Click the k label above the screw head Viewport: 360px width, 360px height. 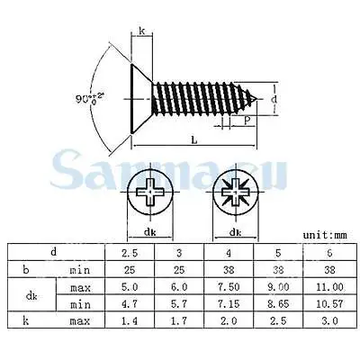click(141, 32)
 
